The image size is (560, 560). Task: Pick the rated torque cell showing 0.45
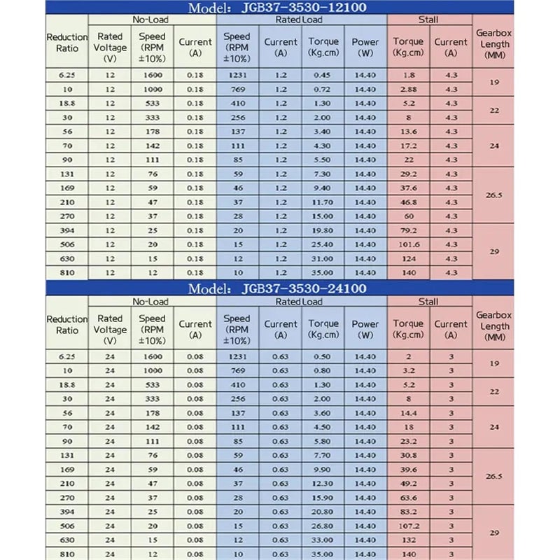pyautogui.click(x=323, y=75)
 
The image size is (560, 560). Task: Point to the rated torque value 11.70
pyautogui.click(x=323, y=202)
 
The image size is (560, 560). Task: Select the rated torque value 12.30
pyautogui.click(x=323, y=482)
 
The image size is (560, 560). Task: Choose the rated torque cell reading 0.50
pyautogui.click(x=323, y=356)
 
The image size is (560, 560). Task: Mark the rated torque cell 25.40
pyautogui.click(x=323, y=246)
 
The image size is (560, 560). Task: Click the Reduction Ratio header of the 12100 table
pyautogui.click(x=67, y=43)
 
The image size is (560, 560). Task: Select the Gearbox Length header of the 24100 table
pyautogui.click(x=493, y=326)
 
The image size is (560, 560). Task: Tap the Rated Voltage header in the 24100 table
pyautogui.click(x=110, y=329)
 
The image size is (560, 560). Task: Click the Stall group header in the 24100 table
pyautogui.click(x=428, y=301)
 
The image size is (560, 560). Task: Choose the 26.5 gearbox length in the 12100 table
pyautogui.click(x=493, y=195)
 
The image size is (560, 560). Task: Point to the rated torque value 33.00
pyautogui.click(x=323, y=540)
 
